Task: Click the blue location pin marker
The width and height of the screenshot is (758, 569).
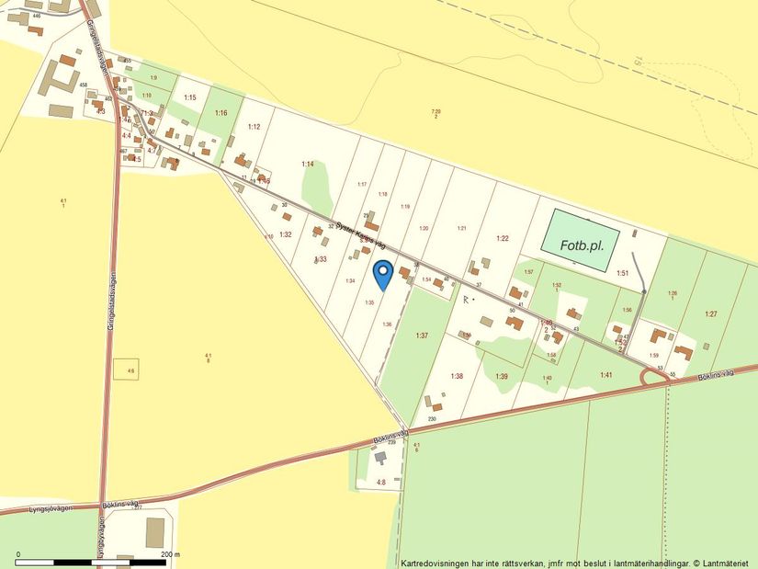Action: pyautogui.click(x=383, y=273)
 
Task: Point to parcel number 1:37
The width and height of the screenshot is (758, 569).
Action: pyautogui.click(x=422, y=336)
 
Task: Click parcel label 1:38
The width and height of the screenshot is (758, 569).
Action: pyautogui.click(x=457, y=376)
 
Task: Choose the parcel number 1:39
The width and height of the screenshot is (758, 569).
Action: pyautogui.click(x=502, y=377)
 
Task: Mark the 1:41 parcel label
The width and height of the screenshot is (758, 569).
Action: pyautogui.click(x=606, y=375)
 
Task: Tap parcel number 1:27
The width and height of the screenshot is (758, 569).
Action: pyautogui.click(x=710, y=314)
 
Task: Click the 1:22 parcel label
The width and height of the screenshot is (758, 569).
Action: pyautogui.click(x=503, y=238)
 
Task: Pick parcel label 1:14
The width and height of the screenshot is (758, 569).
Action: pyautogui.click(x=308, y=164)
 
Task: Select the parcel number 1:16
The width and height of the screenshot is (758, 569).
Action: pyautogui.click(x=221, y=112)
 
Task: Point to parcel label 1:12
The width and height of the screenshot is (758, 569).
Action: pyautogui.click(x=255, y=126)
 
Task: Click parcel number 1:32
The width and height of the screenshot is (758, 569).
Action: pyautogui.click(x=286, y=234)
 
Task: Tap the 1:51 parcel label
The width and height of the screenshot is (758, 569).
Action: pyautogui.click(x=622, y=273)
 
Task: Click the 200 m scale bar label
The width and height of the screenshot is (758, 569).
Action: pyautogui.click(x=170, y=554)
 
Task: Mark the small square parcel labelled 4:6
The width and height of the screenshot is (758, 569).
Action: pyautogui.click(x=126, y=370)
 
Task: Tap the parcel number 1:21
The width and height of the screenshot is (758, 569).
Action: pyautogui.click(x=462, y=227)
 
